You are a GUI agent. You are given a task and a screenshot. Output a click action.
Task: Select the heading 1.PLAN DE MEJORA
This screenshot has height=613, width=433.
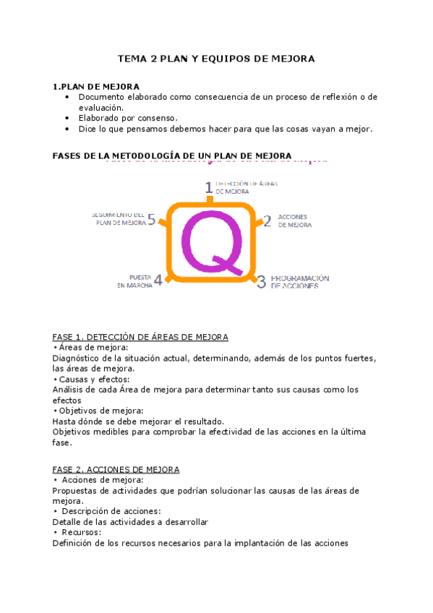[x=96, y=87]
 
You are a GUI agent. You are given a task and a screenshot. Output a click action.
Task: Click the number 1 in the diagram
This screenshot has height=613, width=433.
[x=209, y=188]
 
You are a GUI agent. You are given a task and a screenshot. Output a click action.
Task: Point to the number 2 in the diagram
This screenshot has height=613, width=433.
[x=267, y=221]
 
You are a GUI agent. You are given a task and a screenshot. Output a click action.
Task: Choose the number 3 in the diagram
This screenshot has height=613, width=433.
[x=262, y=282]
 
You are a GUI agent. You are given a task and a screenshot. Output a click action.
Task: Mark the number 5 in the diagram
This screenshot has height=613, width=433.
[x=151, y=219]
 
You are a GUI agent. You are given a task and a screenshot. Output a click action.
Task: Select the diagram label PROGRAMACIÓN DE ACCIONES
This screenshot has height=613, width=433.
[x=299, y=282]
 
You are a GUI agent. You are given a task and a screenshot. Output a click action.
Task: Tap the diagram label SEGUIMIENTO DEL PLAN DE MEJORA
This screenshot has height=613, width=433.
[x=119, y=219]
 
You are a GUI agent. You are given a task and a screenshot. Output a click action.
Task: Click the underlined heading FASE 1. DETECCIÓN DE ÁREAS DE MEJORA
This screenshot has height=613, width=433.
[x=140, y=337]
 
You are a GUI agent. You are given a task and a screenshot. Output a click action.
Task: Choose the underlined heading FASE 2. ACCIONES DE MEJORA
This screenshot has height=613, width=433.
[x=116, y=469]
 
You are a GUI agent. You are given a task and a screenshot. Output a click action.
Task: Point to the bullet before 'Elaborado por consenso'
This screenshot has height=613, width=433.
[x=67, y=118]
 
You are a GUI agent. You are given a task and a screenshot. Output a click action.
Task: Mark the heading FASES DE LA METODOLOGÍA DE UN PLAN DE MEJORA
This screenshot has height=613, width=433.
[x=172, y=155]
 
